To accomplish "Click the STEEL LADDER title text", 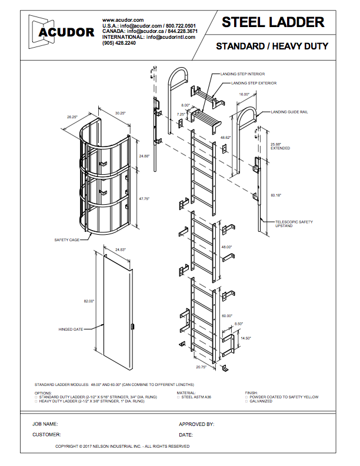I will [273, 22].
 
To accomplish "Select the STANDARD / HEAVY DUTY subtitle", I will [272, 46].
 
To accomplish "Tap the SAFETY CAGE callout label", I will [68, 240].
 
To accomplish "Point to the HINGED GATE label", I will [71, 329].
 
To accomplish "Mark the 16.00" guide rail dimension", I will [245, 94].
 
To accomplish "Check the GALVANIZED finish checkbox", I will [246, 401].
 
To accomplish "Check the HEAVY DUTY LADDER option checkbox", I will [36, 401].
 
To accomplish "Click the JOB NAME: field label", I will [45, 424].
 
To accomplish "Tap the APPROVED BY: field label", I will [196, 424].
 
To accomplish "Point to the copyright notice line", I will [122, 447].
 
